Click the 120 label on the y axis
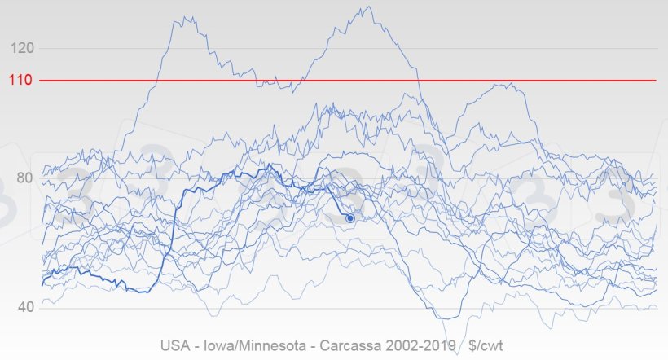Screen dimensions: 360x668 click(22, 48)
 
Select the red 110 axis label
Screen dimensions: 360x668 click(21, 81)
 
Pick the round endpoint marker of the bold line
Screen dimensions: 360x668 click(350, 218)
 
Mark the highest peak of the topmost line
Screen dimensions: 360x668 click(368, 7)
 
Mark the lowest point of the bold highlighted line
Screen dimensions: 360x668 click(143, 292)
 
